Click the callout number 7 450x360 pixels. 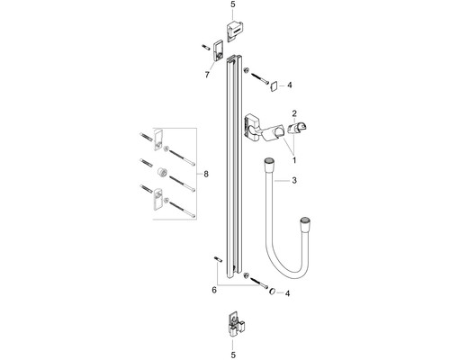[x=207, y=75]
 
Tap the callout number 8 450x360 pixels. [x=206, y=174]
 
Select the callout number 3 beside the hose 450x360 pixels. [x=294, y=180]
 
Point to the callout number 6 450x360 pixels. [x=214, y=290]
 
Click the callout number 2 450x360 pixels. [x=294, y=113]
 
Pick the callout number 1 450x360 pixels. [x=294, y=160]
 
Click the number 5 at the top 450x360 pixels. [x=233, y=4]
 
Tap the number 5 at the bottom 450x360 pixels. [x=233, y=355]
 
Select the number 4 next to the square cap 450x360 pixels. [x=290, y=85]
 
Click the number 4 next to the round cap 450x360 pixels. [x=287, y=293]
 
